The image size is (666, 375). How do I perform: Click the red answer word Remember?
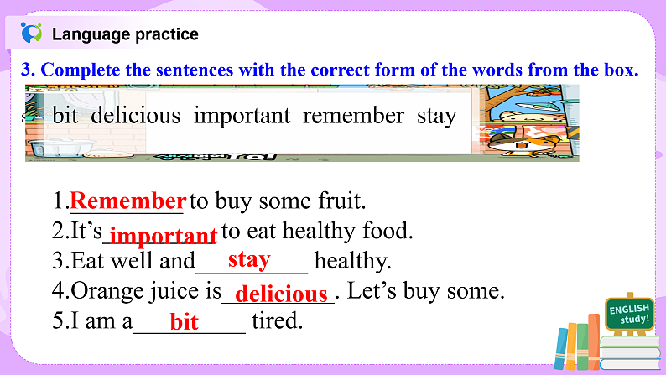tap(127, 201)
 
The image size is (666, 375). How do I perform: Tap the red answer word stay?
tap(249, 259)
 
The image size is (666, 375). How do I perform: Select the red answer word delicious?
tap(282, 293)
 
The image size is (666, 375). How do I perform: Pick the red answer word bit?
tap(185, 321)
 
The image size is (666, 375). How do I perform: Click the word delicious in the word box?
tap(136, 116)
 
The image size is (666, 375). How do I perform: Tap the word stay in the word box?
tap(436, 116)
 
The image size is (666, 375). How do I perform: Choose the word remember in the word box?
tap(353, 116)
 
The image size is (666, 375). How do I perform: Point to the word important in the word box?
tap(242, 116)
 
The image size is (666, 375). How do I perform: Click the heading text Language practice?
tap(125, 34)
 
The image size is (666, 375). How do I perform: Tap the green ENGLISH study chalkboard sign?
tap(628, 315)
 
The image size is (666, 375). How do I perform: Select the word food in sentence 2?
tap(389, 231)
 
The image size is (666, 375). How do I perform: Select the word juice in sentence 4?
tap(167, 291)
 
